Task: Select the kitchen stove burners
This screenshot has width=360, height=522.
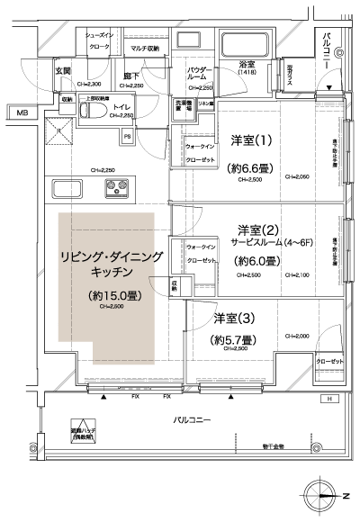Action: point(118,190)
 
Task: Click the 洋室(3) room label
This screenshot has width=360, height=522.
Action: point(232,319)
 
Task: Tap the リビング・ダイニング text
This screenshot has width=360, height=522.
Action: point(112,256)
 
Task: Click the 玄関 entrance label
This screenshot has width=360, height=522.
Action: point(63,71)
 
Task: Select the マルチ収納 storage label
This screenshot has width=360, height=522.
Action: point(144,48)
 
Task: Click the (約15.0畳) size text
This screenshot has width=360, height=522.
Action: point(112,294)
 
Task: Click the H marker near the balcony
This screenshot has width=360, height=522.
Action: point(329,399)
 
